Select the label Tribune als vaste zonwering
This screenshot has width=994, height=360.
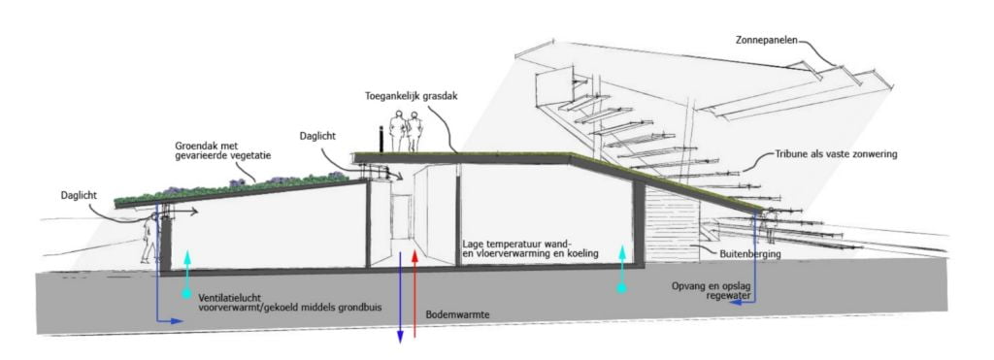pos(836,154)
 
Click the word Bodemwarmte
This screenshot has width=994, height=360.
pos(452,314)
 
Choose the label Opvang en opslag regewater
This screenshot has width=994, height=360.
pos(712,290)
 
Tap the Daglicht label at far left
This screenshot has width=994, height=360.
pos(80,196)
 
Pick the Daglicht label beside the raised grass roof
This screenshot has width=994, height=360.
pos(318,136)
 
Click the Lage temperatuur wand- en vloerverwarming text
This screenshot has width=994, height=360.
pos(531,249)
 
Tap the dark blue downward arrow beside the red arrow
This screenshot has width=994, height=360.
pos(400,297)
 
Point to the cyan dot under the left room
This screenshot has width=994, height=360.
pos(186,294)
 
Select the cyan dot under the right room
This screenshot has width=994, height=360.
pos(622,288)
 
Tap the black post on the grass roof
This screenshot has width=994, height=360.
pos(381,140)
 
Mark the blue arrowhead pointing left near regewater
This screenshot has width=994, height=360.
pos(733,303)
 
